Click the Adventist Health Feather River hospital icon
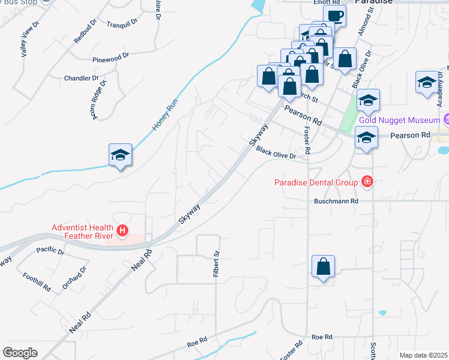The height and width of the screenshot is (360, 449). pyautogui.click(x=123, y=230)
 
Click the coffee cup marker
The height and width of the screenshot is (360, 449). pyautogui.click(x=334, y=16)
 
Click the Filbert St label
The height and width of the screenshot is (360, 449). pyautogui.click(x=216, y=264)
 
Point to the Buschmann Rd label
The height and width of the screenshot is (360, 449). pyautogui.click(x=336, y=202)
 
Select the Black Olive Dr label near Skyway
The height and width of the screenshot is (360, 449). pyautogui.click(x=277, y=152)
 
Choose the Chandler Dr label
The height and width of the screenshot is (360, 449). pyautogui.click(x=81, y=78)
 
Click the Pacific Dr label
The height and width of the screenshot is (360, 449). pyautogui.click(x=50, y=250)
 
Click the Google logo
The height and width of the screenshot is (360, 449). pyautogui.click(x=20, y=352)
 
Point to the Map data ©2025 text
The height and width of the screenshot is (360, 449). pyautogui.click(x=423, y=355)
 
